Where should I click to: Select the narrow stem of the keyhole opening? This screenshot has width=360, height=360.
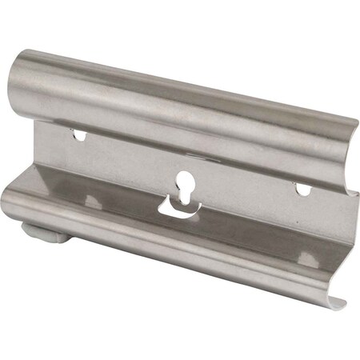tap(184, 192)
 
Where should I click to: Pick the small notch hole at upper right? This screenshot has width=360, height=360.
tap(302, 190)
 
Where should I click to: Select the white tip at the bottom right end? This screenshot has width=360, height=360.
tap(337, 303)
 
